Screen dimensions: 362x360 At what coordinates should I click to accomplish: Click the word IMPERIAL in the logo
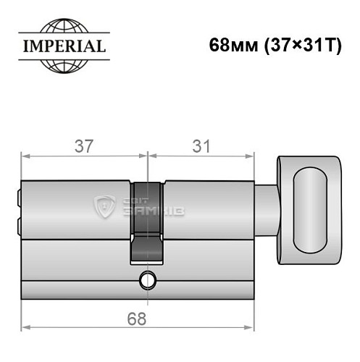(62, 47)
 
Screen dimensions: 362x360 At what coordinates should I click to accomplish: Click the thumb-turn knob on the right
(311, 208)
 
